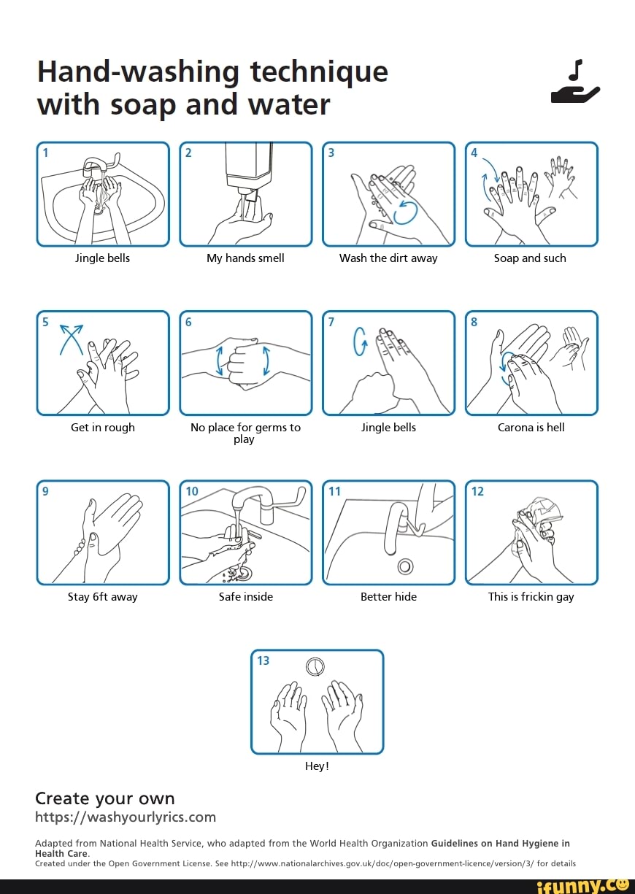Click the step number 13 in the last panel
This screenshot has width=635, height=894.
[x=263, y=660]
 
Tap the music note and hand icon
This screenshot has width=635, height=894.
[x=575, y=82]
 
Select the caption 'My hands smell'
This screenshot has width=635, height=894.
[x=245, y=258]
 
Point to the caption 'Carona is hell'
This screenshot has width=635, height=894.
[x=531, y=428]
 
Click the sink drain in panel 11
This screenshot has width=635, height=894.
[x=406, y=566]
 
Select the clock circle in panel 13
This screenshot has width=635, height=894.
[x=315, y=666]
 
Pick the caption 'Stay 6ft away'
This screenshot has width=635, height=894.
[x=103, y=597]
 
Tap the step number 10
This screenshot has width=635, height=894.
[x=191, y=491]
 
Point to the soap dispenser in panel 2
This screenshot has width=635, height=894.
[x=249, y=168]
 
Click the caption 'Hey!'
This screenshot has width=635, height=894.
[x=317, y=766]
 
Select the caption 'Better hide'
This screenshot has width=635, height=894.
[x=388, y=597]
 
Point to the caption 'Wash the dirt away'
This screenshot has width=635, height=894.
[x=388, y=258]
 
